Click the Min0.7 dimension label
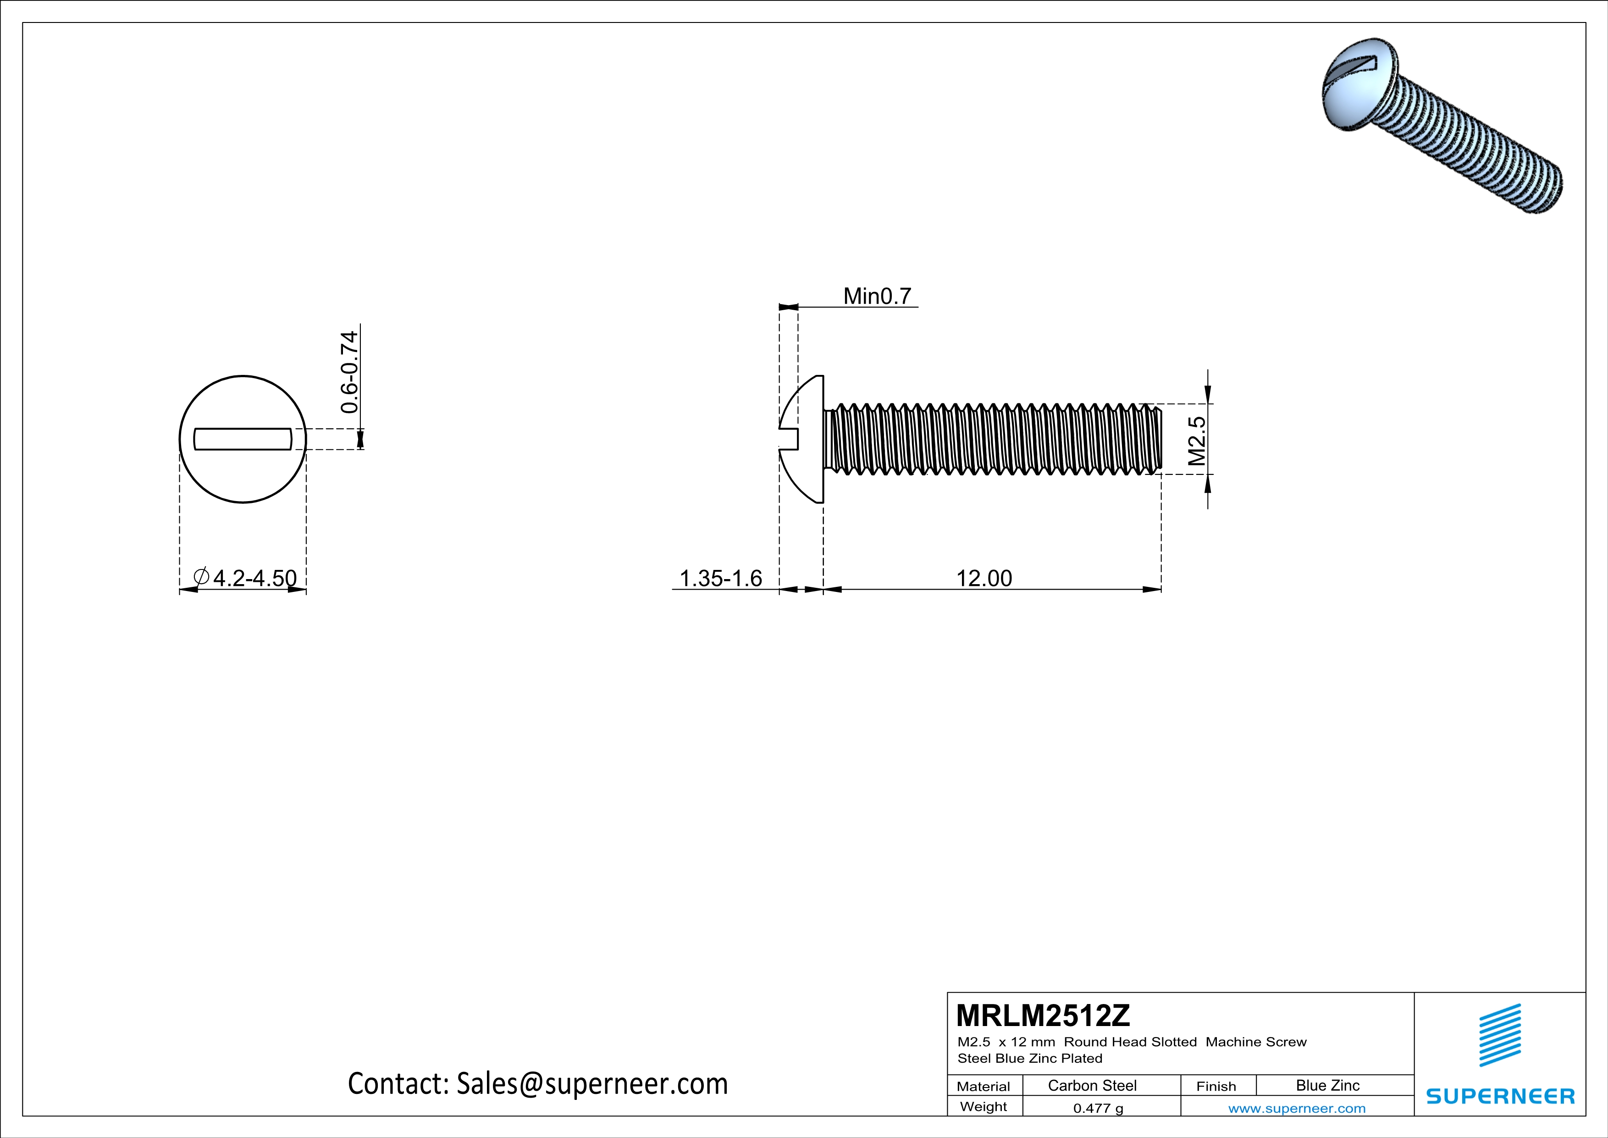click(x=877, y=296)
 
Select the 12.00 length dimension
click(x=984, y=578)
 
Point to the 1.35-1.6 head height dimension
click(x=721, y=578)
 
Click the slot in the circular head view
click(x=242, y=439)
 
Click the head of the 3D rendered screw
click(x=1355, y=91)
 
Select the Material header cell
click(x=984, y=1086)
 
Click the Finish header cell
click(x=1216, y=1086)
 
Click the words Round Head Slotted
click(x=1130, y=1042)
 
